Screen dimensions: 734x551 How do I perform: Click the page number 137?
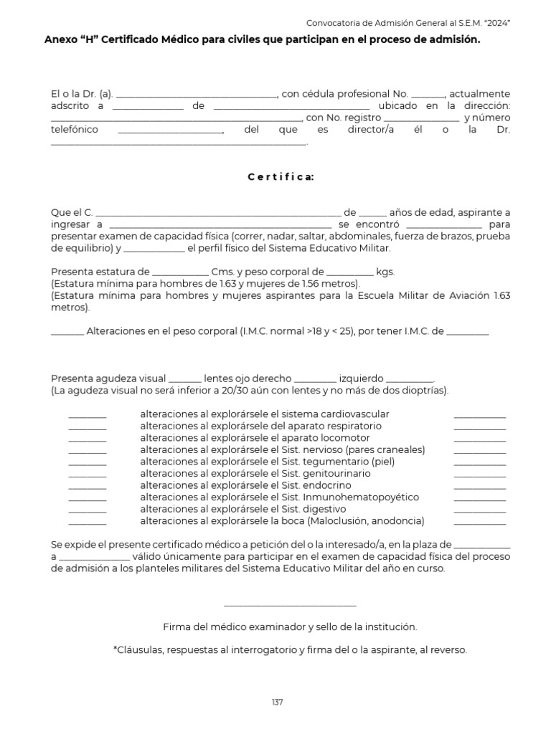(x=278, y=702)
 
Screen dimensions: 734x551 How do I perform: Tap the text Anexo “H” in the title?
(x=70, y=41)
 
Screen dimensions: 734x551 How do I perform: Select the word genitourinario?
(x=336, y=473)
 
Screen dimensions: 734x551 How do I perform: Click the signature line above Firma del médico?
(x=290, y=606)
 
